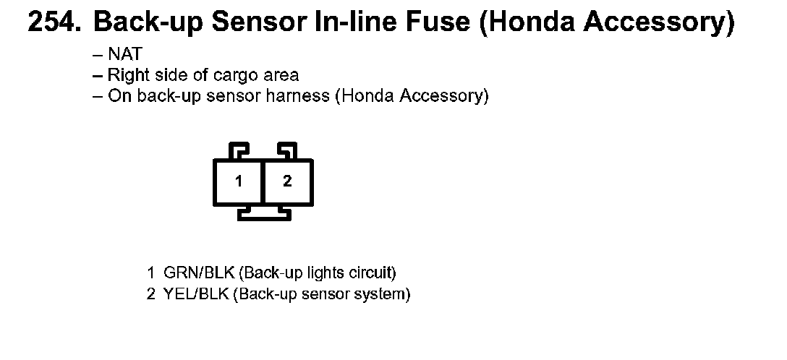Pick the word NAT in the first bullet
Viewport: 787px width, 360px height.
125,54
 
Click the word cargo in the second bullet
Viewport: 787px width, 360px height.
230,75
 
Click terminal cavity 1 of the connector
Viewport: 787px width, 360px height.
238,181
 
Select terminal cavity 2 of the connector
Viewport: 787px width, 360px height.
287,181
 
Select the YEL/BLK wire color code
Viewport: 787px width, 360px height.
197,295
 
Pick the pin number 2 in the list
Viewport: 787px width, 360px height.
150,295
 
